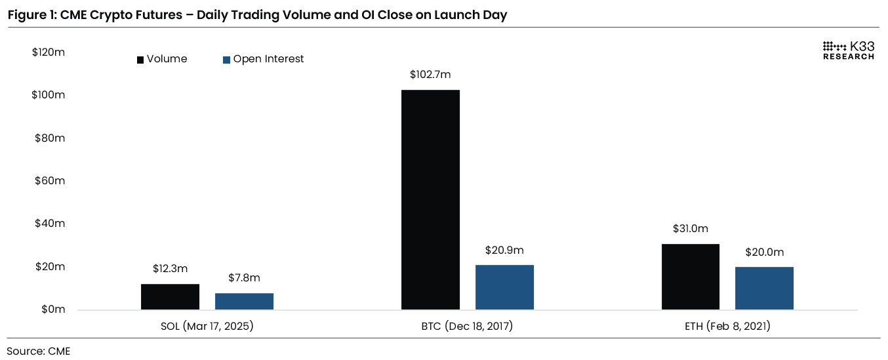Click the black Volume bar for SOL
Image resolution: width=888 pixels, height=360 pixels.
(170, 297)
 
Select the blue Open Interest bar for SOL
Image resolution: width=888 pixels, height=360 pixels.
(244, 302)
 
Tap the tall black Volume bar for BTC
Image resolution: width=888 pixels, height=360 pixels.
(430, 200)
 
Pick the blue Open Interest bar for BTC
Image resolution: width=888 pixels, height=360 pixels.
(504, 287)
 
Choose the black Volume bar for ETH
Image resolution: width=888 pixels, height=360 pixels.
(690, 277)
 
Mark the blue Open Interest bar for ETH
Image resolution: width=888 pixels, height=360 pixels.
(764, 289)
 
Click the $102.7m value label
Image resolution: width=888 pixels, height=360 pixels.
(430, 75)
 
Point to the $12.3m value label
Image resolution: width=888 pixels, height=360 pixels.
(170, 269)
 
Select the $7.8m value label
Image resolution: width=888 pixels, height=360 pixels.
(244, 278)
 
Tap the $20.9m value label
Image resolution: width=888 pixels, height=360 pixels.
(504, 250)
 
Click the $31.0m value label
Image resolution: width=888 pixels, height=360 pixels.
(690, 229)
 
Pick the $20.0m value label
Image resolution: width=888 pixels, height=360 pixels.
(764, 252)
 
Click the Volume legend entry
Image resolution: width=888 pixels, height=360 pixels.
(162, 59)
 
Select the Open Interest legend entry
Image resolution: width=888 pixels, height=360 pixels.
(264, 59)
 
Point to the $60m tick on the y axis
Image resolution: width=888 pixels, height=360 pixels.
(49, 180)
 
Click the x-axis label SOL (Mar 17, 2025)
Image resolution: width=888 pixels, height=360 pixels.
(207, 326)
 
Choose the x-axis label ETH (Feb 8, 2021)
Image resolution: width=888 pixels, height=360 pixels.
(727, 326)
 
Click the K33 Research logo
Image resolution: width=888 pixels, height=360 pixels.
(848, 50)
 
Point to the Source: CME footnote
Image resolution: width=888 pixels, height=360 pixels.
(39, 351)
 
